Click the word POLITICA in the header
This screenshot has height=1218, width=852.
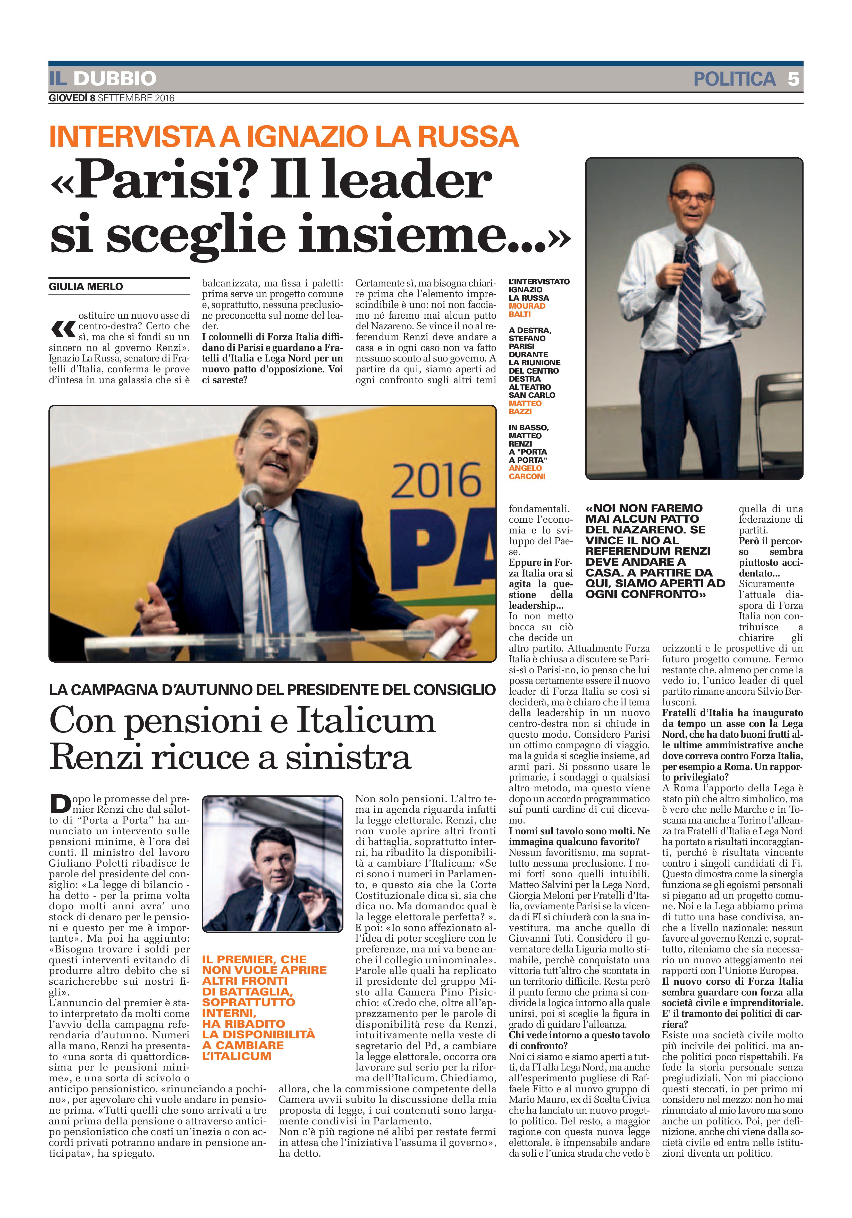pyautogui.click(x=734, y=79)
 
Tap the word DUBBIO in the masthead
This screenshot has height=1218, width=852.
pyautogui.click(x=115, y=79)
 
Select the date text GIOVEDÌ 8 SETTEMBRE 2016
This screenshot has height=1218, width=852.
pyautogui.click(x=111, y=98)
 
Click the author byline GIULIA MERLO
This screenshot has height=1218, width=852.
pyautogui.click(x=86, y=286)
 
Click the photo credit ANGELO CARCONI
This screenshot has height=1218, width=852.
pyautogui.click(x=527, y=472)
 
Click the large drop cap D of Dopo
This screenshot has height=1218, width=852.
pyautogui.click(x=60, y=804)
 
